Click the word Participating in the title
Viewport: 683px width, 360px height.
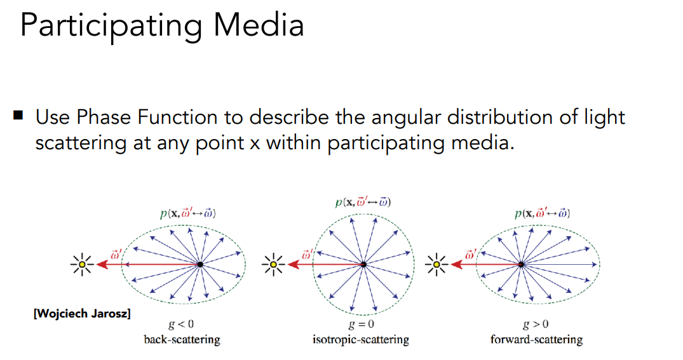click(x=111, y=27)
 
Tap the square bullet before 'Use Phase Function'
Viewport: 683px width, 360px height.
click(x=17, y=116)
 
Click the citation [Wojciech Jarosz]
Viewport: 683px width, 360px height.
click(x=82, y=313)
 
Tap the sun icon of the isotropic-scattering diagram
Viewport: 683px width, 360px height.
click(x=273, y=264)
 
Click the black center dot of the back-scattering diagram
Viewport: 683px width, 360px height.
click(x=200, y=263)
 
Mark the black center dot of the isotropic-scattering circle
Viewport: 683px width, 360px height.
click(x=363, y=264)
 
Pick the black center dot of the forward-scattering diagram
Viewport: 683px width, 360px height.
click(x=521, y=263)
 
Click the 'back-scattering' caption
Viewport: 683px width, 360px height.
click(x=182, y=340)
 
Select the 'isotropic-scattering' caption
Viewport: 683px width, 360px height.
click(x=360, y=340)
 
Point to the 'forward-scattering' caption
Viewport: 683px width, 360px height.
click(x=536, y=340)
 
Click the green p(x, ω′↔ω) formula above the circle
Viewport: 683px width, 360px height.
click(x=363, y=203)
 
